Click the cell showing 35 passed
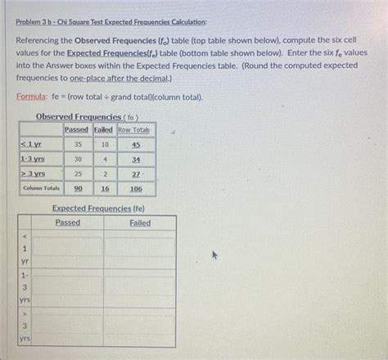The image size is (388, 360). tap(78, 144)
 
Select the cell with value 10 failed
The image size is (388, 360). tap(104, 144)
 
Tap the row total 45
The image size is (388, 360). tap(135, 145)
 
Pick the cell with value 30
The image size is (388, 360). tap(78, 159)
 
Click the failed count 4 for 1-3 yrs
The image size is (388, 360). tap(105, 159)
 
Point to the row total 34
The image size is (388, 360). tap(135, 160)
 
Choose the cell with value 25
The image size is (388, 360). tap(78, 173)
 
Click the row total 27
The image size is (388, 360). tap(135, 173)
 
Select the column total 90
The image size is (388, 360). tap(78, 188)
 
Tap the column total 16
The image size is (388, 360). tap(105, 188)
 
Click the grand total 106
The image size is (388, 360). tap(135, 188)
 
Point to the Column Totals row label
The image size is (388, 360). tap(39, 188)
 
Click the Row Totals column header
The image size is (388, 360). tap(135, 130)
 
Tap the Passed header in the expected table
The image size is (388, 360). tap(68, 223)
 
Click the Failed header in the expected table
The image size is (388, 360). tap(140, 223)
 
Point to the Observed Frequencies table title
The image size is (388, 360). tap(88, 117)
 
